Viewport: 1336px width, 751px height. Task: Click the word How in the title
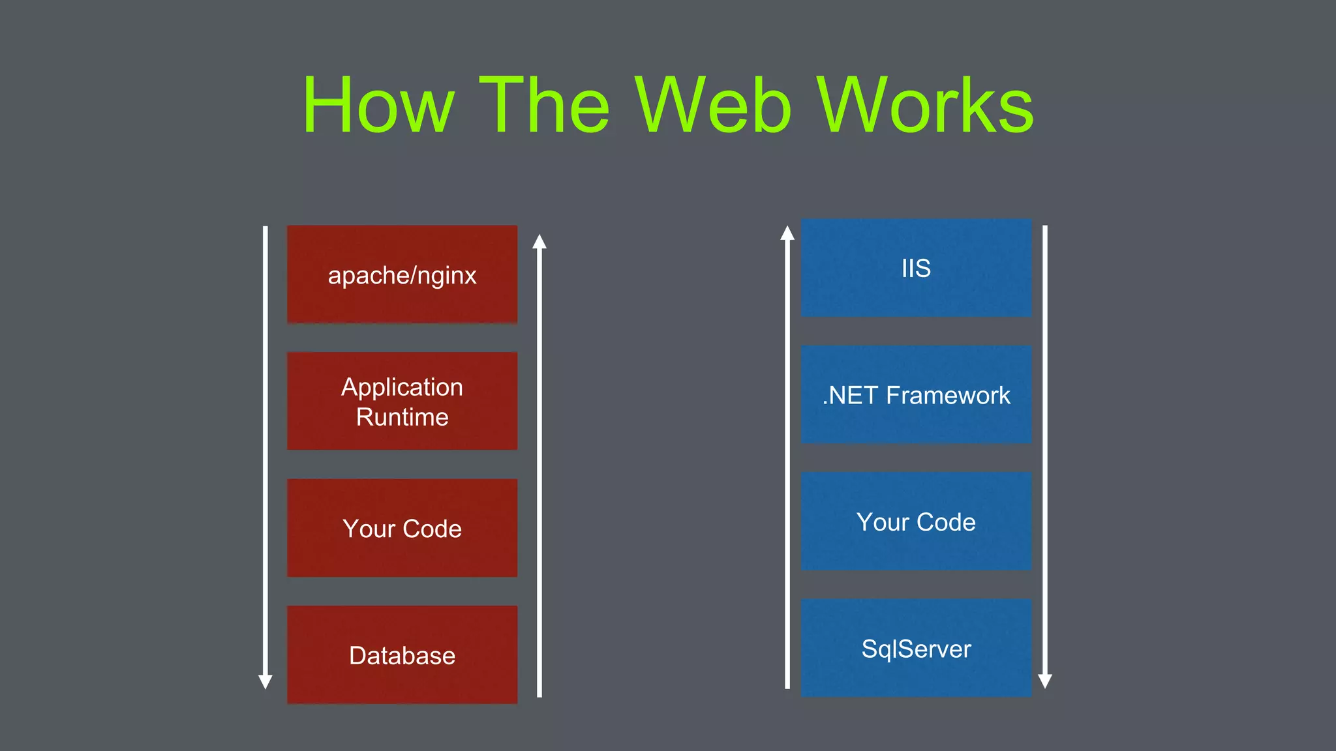click(x=378, y=106)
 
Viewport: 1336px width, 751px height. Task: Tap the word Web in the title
click(x=714, y=106)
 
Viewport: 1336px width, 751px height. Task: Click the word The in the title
click(x=545, y=106)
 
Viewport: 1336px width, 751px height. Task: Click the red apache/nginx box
click(x=402, y=274)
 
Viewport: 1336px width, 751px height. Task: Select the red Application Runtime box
click(x=402, y=401)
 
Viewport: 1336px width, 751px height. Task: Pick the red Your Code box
click(x=402, y=528)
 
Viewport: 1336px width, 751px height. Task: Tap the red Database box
click(x=402, y=655)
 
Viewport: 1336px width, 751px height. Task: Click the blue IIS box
click(x=916, y=268)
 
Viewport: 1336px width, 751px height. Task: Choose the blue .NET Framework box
click(x=916, y=395)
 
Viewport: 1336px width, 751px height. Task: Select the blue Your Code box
click(x=916, y=522)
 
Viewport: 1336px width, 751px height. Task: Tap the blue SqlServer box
click(x=916, y=648)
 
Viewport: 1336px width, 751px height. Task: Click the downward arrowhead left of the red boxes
click(x=266, y=681)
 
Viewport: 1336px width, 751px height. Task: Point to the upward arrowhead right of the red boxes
click(x=539, y=242)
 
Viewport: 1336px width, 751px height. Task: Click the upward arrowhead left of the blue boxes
click(x=787, y=233)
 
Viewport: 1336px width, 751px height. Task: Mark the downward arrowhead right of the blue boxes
click(x=1044, y=681)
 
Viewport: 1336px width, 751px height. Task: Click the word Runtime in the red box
click(x=402, y=417)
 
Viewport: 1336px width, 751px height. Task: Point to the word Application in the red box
click(x=402, y=387)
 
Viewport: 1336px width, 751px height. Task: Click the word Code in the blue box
click(x=946, y=522)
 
